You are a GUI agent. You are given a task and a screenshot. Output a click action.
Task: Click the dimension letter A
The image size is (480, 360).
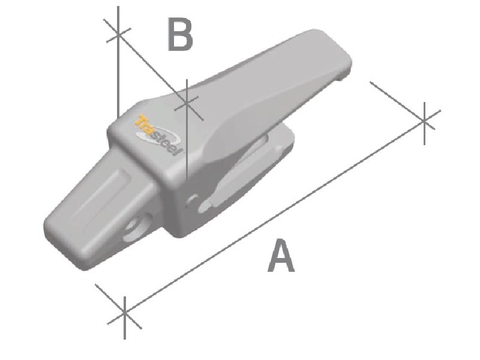(x=281, y=256)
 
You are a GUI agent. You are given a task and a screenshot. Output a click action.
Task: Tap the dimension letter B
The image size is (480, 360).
(x=180, y=35)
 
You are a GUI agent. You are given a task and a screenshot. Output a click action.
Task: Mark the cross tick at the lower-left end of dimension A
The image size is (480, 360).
(x=124, y=312)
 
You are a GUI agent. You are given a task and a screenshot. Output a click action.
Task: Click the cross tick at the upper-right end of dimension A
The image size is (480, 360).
(x=425, y=120)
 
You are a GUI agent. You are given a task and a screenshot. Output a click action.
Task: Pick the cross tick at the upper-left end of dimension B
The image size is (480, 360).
(x=118, y=34)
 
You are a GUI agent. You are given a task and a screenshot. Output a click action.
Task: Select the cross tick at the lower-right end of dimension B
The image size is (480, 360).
(x=188, y=104)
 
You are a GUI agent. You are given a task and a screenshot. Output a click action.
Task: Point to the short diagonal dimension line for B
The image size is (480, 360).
(x=153, y=68)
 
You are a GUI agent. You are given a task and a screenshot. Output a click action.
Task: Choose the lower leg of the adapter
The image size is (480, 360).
(x=252, y=174)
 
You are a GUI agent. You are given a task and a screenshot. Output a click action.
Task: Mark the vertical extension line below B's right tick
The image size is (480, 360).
(x=188, y=144)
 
